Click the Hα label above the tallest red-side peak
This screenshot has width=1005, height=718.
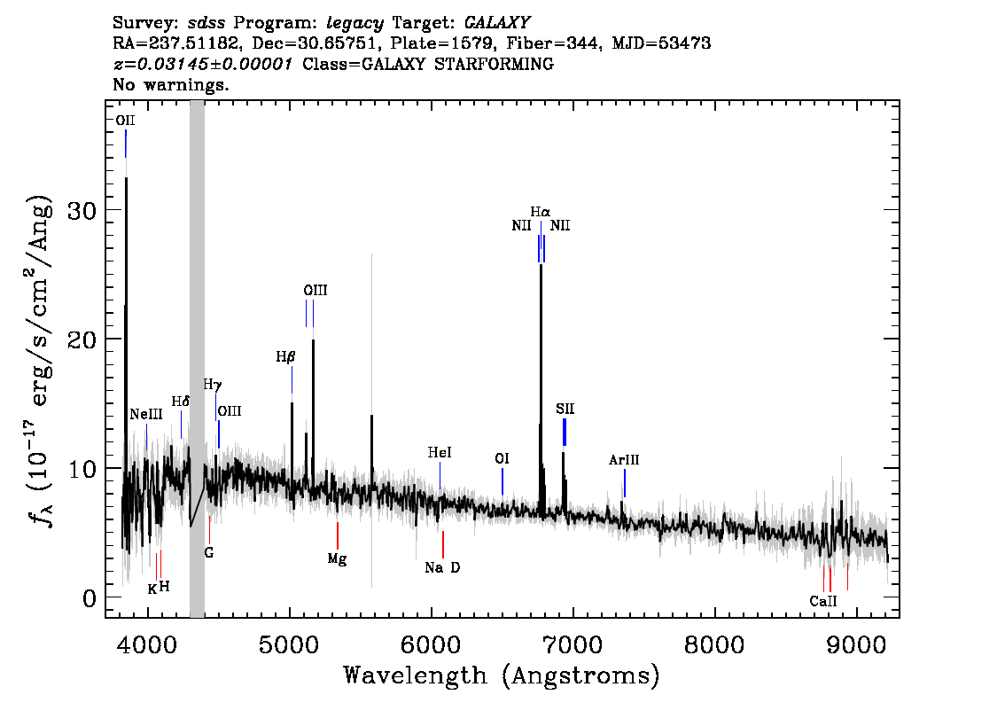point(541,212)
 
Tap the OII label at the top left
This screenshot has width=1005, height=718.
point(125,121)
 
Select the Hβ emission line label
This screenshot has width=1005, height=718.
point(286,356)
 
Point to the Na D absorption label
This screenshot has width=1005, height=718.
point(442,567)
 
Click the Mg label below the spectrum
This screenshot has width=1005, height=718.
point(337,559)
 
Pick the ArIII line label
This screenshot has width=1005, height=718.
point(624,460)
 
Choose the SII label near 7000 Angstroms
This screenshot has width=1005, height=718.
point(565,409)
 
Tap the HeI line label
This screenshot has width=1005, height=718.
point(440,453)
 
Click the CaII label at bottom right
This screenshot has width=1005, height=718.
point(823,601)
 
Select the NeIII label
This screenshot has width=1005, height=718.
point(146,414)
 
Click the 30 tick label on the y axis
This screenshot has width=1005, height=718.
point(82,210)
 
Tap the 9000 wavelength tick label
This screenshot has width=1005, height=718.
point(855,644)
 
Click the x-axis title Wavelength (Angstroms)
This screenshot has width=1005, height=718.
point(502,675)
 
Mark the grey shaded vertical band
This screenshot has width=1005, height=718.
point(197,359)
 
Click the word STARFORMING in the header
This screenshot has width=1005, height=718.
point(494,64)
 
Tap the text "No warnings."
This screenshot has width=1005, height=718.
point(171,84)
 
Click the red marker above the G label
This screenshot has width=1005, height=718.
point(209,529)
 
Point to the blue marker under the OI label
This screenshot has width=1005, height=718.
point(502,481)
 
